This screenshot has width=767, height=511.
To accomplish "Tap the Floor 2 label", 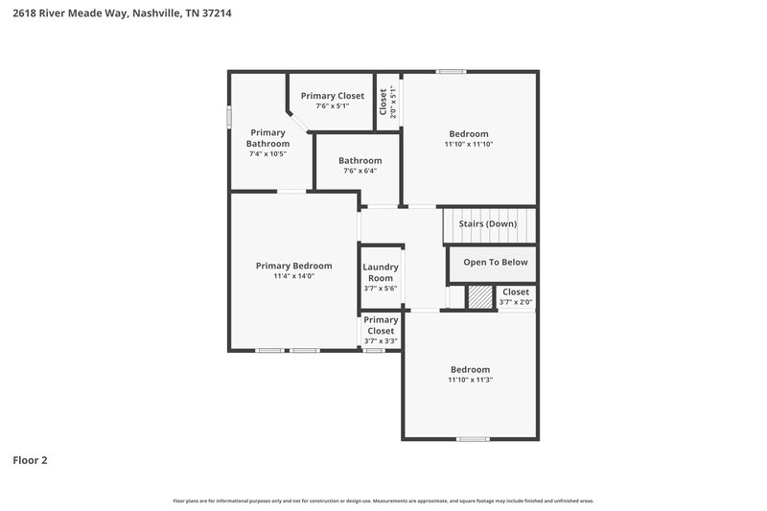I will click(30, 460).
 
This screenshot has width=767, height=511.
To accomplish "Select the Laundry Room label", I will click(381, 273).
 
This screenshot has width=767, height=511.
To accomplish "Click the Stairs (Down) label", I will click(488, 224).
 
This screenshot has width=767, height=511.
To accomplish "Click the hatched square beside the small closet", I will click(479, 298).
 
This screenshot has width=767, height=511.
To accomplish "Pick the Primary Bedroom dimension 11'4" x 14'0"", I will click(293, 276).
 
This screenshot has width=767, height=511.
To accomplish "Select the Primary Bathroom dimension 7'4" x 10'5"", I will click(267, 153).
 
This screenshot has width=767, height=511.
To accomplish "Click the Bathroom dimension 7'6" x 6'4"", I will click(360, 172).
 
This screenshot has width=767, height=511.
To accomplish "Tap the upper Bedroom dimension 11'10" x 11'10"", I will click(468, 145).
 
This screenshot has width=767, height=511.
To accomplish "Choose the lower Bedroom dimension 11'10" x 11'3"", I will click(470, 380).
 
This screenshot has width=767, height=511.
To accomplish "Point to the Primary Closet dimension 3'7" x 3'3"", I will click(381, 341).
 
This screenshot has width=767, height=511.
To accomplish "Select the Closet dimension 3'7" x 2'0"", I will click(516, 303).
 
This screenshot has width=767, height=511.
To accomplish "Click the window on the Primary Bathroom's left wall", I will click(228, 116).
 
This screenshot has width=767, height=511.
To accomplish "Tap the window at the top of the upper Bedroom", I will click(451, 72).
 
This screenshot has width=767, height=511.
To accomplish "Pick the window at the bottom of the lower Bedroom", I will click(472, 439).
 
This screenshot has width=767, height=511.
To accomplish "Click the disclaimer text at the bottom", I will click(383, 500).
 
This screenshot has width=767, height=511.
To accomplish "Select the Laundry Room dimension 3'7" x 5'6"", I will click(381, 289).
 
